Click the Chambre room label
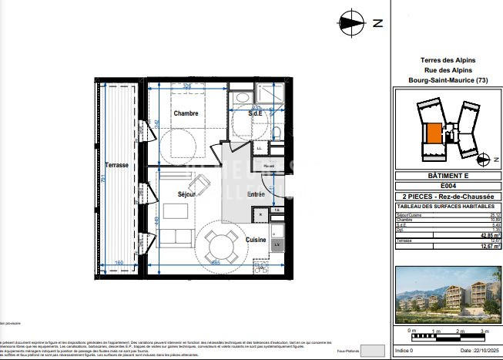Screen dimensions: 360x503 pos(186,113)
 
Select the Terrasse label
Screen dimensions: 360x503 pos(116,166)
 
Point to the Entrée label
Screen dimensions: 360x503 pos(255,194)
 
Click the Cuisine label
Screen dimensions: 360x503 pos(256,240)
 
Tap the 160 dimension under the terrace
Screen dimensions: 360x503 pos(119,264)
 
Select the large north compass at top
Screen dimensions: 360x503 pos(352,22)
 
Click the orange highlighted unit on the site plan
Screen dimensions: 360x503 pos(434,133)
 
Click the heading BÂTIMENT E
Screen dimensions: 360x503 pos(448,176)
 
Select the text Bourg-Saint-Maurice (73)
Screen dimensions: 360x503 pos(448,80)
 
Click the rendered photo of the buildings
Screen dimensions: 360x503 pos(448,295)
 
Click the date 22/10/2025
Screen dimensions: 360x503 pos(471,351)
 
